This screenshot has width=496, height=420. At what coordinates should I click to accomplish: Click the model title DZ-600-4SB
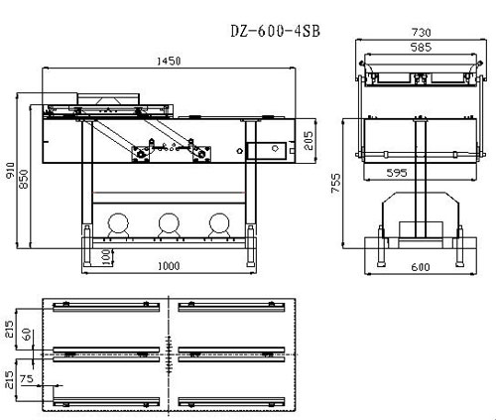275,31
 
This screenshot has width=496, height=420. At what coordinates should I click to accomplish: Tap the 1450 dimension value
169,61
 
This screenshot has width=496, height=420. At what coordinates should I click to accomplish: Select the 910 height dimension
10,171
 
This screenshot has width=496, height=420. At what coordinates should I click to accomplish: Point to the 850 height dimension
24,179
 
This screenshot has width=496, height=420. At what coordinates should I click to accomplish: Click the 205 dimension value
308,141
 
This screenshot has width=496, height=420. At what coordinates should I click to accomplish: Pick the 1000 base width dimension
169,266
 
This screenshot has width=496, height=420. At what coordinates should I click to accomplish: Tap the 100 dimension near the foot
106,257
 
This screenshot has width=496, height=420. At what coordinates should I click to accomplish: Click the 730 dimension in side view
422,32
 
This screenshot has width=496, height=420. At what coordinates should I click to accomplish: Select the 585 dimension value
421,48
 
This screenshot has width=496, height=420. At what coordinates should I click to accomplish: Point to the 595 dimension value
397,173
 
